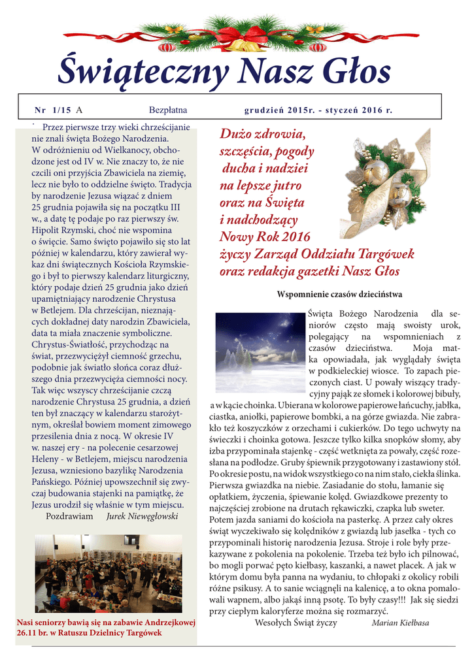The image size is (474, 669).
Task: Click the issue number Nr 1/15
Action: coord(53,110)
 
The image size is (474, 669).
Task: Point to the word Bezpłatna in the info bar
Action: coord(168,110)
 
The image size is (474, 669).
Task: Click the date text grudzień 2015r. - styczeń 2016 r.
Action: coord(318,110)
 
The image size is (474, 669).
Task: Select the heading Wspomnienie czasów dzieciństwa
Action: coord(339,295)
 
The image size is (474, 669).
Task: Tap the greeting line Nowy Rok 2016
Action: coord(265,237)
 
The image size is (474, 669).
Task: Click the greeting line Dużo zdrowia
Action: coord(262,135)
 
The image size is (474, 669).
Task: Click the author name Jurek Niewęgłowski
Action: coord(142,516)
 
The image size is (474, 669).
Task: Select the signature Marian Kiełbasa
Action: coord(400,623)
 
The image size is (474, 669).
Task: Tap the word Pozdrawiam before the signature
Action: coord(69,516)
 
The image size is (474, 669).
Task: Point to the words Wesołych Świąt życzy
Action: coord(296,623)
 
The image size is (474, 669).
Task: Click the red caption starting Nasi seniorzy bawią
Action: coord(106,628)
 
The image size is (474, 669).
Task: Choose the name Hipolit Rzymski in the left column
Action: coord(63,231)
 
